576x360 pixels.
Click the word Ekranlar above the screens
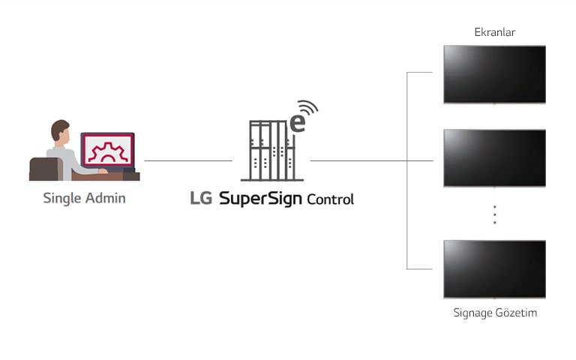pyautogui.click(x=494, y=32)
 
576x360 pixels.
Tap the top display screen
pyautogui.click(x=494, y=74)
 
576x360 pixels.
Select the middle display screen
pyautogui.click(x=494, y=158)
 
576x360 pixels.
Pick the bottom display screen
pyautogui.click(x=494, y=269)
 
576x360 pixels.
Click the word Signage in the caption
pyautogui.click(x=472, y=313)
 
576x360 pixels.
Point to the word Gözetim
pyautogui.click(x=516, y=313)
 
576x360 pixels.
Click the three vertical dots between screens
pyautogui.click(x=495, y=214)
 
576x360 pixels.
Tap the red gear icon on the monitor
pyautogui.click(x=108, y=152)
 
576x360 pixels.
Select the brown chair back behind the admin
pyautogui.click(x=46, y=169)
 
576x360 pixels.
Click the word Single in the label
pyautogui.click(x=62, y=198)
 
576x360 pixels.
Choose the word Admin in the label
pyautogui.click(x=106, y=198)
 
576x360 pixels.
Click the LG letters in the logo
pyautogui.click(x=201, y=198)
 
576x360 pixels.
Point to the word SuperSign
pyautogui.click(x=260, y=199)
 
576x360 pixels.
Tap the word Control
pyautogui.click(x=330, y=199)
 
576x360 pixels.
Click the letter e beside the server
pyautogui.click(x=298, y=124)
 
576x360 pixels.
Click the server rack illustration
pyautogui.click(x=272, y=151)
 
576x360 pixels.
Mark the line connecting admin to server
pyautogui.click(x=188, y=160)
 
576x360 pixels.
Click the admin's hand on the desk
pyautogui.click(x=103, y=171)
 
